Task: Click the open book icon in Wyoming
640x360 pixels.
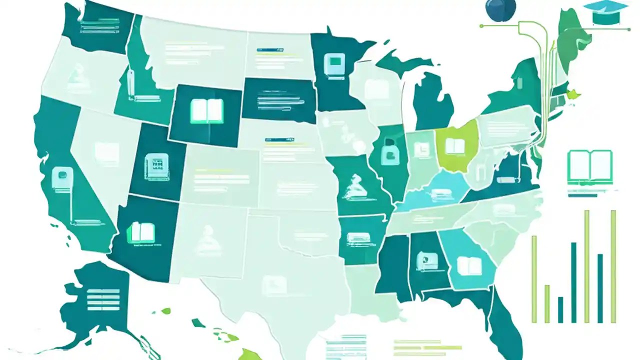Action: pos(207,111)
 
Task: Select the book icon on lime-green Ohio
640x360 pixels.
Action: pos(455,146)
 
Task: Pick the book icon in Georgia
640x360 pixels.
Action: pos(468,265)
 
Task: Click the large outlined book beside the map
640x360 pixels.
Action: pos(590,166)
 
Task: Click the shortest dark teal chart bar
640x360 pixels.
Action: pos(560,309)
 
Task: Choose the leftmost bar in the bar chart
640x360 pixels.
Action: pos(534,279)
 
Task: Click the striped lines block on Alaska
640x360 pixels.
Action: pos(103,299)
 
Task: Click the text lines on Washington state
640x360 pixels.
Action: pos(100,25)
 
